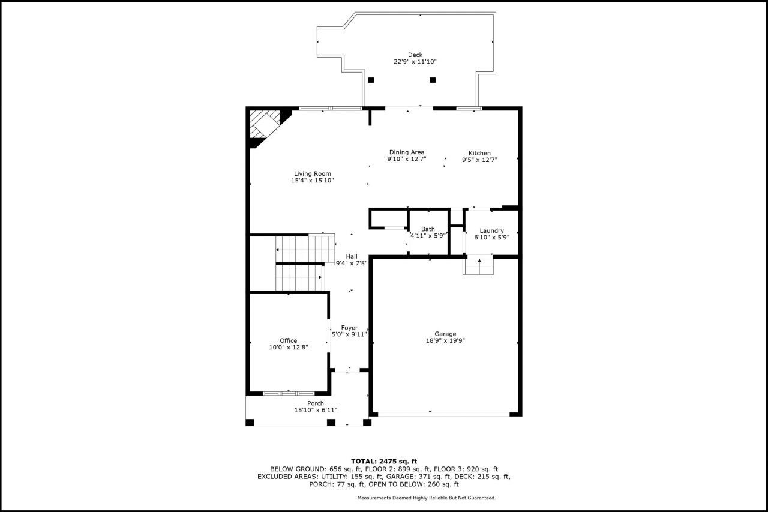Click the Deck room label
pos(415,55)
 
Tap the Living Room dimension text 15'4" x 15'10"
pos(313,181)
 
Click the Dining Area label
pos(407,152)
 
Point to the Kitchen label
pos(479,153)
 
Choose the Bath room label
pos(428,229)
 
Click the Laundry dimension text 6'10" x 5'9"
pos(491,237)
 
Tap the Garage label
pos(445,334)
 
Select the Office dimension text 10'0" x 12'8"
pos(289,348)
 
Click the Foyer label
pos(349,328)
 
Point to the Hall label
pos(352,256)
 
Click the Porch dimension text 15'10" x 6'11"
pos(316,410)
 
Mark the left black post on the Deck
pos(371,80)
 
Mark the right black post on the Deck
pos(433,80)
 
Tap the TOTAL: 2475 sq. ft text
pos(384,461)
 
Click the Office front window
pos(289,393)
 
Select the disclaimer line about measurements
pos(427,498)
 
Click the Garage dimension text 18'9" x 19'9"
pos(445,340)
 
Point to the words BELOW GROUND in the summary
pos(298,469)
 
